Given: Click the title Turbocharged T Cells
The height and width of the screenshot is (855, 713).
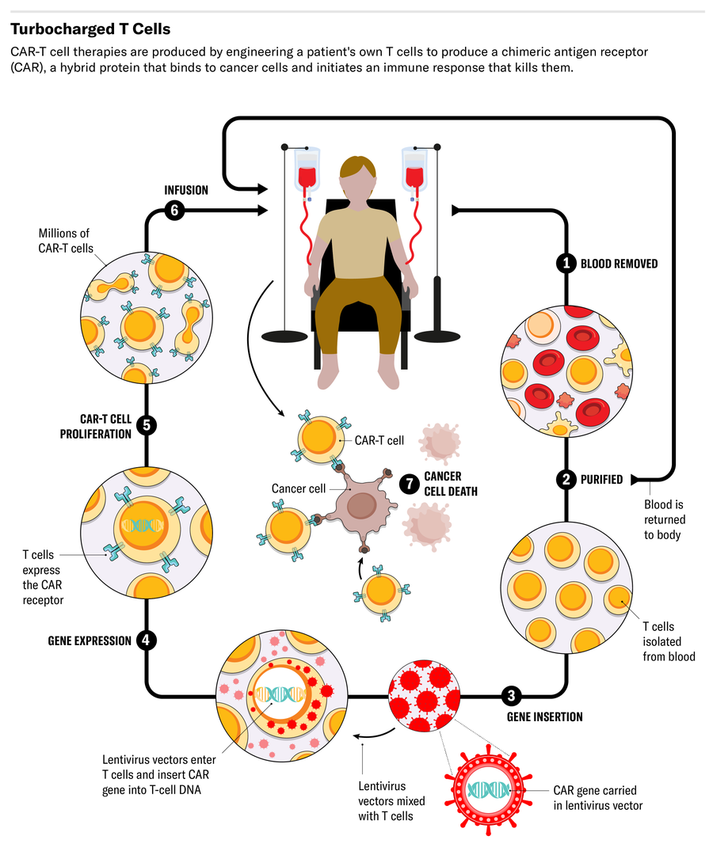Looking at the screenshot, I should tap(90, 29).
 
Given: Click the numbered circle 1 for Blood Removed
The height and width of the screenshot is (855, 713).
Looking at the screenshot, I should tap(566, 264).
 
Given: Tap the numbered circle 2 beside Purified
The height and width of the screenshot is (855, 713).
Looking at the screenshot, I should tap(566, 479).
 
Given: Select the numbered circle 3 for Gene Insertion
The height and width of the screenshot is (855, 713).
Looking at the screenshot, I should tap(511, 697).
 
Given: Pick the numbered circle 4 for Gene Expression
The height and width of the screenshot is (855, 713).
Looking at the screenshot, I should tap(146, 640).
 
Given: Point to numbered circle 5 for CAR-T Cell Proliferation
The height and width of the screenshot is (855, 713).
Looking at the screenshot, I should tap(146, 425).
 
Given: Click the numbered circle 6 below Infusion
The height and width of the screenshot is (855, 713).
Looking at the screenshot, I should tap(175, 211).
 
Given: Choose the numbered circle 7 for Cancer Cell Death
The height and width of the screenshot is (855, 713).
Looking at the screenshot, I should tap(409, 483).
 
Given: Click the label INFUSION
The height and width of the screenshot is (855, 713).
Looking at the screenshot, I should tap(186, 190).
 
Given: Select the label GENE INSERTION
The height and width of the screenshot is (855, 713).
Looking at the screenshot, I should tap(544, 717).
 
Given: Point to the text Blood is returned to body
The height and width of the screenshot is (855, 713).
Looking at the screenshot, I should tap(665, 519).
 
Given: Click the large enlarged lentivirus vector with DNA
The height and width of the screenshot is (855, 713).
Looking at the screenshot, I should tap(489, 790).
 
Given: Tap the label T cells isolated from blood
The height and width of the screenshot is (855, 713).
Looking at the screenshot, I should tap(669, 640).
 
